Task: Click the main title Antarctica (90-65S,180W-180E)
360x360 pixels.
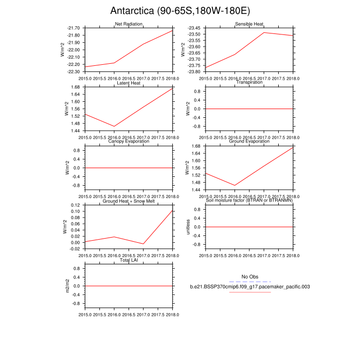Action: point(179,11)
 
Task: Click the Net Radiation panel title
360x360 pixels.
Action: point(128,24)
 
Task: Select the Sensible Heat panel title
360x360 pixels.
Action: point(249,24)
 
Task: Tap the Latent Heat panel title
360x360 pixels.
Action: point(128,83)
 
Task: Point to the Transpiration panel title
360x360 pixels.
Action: point(249,83)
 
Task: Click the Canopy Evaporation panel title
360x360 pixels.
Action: point(128,141)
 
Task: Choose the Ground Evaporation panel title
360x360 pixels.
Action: point(249,141)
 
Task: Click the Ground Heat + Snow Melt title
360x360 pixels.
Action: point(128,201)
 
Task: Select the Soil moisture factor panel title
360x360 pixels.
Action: point(249,201)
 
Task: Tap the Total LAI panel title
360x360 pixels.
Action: point(128,260)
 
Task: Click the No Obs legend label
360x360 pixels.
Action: point(249,276)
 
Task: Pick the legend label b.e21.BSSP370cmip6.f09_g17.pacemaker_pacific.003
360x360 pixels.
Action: point(249,286)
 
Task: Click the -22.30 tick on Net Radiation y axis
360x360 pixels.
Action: point(74,71)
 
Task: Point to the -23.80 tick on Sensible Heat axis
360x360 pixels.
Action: point(194,71)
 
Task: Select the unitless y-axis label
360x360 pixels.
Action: point(188,226)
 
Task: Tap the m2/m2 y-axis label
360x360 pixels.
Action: point(67,285)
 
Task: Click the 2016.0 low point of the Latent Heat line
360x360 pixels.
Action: point(114,126)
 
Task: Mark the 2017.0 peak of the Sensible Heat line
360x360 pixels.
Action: point(264,32)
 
